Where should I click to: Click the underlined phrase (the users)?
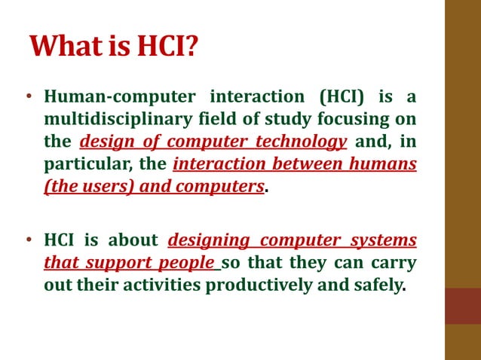point(84,186)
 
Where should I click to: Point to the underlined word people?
point(188,263)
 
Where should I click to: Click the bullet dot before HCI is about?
point(29,241)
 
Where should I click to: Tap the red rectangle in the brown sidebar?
point(462,306)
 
